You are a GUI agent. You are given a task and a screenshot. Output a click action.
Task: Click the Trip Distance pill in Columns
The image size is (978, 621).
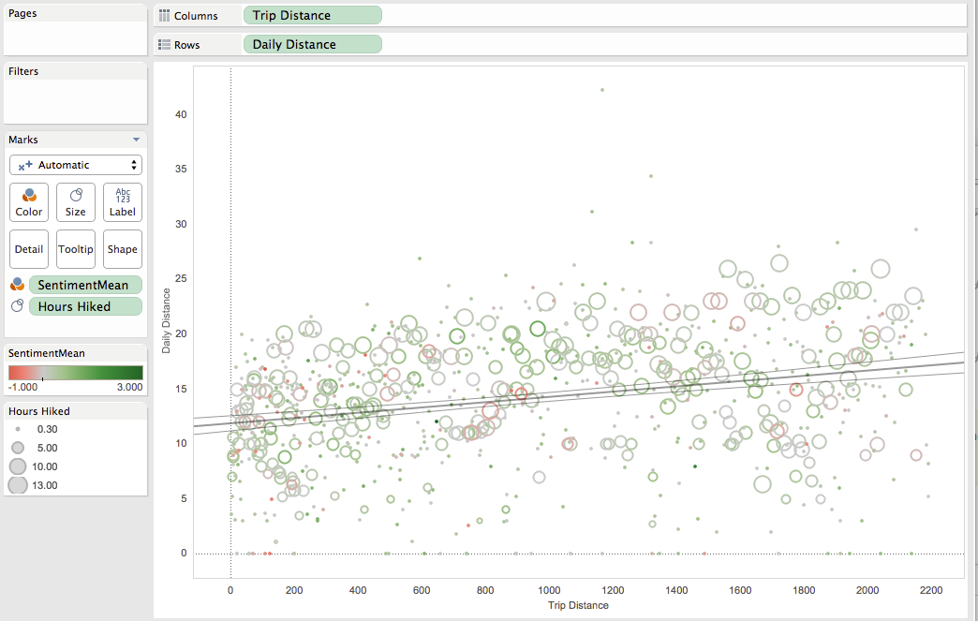313,16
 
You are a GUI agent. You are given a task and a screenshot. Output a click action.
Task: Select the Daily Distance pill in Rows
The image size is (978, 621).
313,44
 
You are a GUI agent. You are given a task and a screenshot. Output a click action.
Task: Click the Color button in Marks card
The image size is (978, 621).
29,202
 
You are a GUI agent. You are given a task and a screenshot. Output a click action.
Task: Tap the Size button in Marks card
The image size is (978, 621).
76,202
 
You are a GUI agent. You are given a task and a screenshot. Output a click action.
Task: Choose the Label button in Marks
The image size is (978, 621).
122,202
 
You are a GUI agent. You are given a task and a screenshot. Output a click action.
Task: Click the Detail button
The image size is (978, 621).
29,249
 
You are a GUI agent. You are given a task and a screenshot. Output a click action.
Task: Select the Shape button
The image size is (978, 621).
122,249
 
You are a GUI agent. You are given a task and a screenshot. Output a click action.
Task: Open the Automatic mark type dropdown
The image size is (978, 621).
76,165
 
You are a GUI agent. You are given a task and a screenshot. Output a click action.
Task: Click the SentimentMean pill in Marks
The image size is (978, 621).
85,285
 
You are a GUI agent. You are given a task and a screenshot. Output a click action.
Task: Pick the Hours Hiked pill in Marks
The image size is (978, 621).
85,307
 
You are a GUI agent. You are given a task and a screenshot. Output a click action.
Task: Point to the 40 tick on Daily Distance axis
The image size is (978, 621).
181,114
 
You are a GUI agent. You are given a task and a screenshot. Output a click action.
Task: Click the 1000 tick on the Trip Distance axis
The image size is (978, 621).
549,590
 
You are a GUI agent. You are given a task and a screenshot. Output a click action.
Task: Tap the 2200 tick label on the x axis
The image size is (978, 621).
930,590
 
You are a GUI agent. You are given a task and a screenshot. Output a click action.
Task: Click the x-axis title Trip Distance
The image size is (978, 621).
578,605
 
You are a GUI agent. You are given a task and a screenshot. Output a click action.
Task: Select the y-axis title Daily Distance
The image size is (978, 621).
166,320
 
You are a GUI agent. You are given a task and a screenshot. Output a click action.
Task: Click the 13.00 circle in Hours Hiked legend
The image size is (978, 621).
18,485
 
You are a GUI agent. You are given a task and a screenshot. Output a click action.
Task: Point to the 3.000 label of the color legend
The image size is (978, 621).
129,387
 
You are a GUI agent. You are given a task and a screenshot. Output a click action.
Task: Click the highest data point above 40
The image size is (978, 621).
602,90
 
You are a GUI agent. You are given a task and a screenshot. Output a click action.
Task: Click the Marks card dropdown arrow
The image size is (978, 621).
136,140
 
